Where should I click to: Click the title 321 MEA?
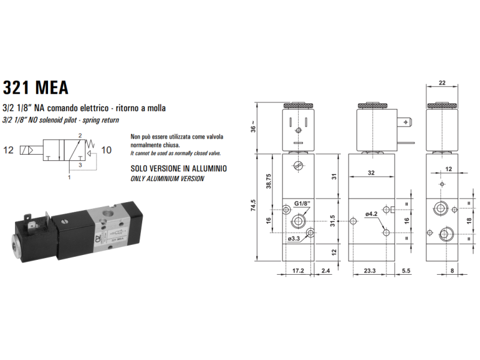[x=35, y=88]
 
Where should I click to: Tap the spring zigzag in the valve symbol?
[x=90, y=143]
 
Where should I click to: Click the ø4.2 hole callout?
[x=371, y=214]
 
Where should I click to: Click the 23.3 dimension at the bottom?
[x=370, y=271]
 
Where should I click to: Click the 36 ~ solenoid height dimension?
[x=254, y=127]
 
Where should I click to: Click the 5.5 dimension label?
[x=406, y=271]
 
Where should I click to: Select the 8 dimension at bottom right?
[x=451, y=271]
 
